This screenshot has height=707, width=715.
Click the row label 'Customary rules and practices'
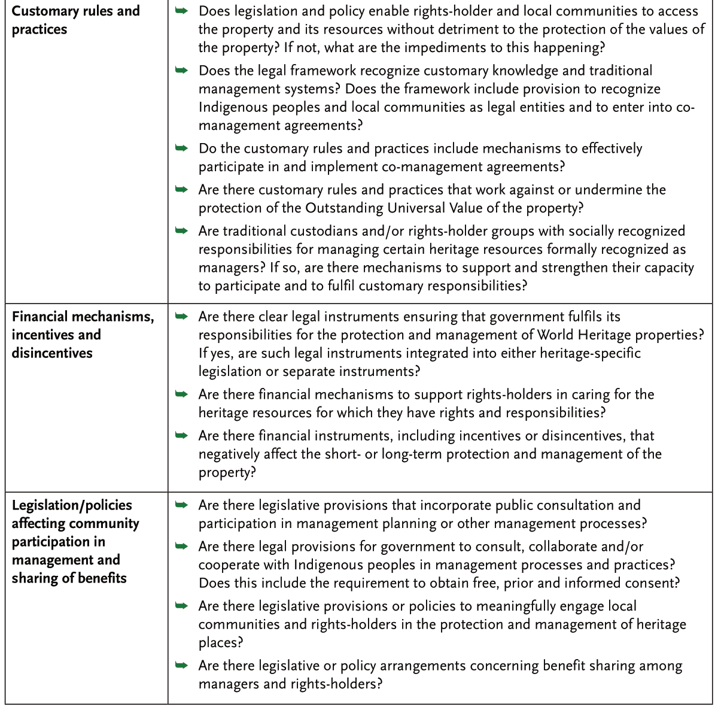(75, 20)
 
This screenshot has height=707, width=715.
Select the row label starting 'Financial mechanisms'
(83, 334)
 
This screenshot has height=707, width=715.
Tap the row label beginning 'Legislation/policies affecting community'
(75, 541)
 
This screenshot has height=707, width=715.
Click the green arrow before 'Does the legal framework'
(181, 71)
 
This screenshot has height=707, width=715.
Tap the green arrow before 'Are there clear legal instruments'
(181, 317)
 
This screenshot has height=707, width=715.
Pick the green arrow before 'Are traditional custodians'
(181, 231)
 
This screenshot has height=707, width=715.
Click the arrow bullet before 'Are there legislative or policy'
(181, 666)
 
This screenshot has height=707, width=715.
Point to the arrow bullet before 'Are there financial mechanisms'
(181, 395)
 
